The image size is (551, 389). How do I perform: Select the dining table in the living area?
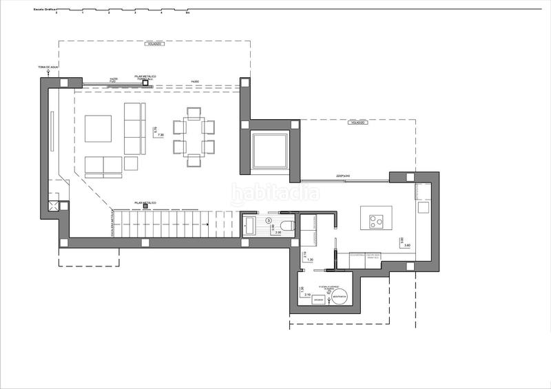[194, 137]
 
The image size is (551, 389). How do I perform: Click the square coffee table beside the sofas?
[98, 128]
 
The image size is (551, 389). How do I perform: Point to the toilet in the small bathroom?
[287, 226]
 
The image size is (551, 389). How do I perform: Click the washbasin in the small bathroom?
[249, 224]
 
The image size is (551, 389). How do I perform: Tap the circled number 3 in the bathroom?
[269, 220]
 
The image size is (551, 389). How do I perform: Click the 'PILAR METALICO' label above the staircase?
[145, 202]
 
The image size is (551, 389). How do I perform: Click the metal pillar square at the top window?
[145, 85]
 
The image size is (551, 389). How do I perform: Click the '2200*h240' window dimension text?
[344, 176]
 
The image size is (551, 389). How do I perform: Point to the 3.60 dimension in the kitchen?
[407, 246]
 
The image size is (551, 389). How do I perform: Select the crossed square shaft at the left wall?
[54, 207]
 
